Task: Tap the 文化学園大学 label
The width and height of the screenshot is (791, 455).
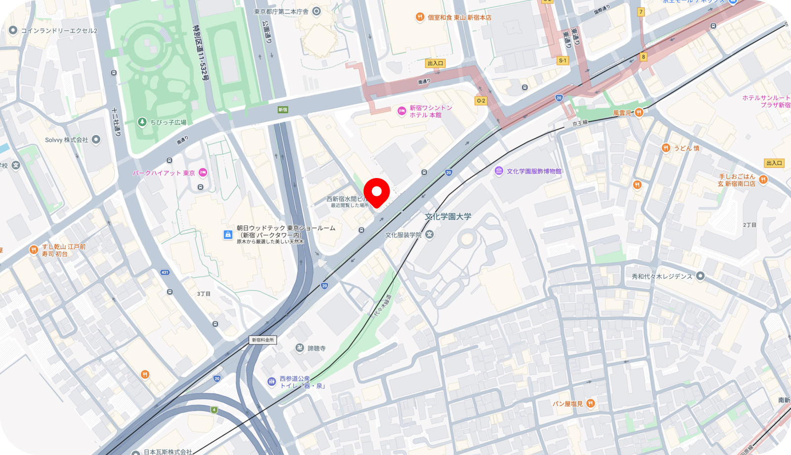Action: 448,217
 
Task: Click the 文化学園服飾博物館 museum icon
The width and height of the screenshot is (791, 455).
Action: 499,171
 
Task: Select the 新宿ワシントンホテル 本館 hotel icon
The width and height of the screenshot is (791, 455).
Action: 401,111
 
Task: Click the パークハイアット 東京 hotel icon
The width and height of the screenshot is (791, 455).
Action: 203,173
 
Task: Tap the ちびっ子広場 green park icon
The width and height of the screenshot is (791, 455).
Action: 142,122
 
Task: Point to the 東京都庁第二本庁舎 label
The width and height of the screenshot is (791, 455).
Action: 281,11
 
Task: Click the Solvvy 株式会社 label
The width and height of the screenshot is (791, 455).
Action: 66,140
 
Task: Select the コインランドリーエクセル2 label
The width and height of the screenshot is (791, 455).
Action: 59,31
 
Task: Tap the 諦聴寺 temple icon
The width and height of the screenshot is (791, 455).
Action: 300,348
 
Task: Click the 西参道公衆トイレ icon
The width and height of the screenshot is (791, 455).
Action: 271,381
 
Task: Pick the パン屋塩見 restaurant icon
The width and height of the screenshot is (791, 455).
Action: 590,404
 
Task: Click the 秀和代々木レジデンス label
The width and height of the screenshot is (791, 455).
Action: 661,276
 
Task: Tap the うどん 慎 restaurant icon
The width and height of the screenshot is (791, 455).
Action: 666,148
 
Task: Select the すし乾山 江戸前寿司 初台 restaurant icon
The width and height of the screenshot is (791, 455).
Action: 34,250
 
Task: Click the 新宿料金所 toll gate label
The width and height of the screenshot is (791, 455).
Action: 263,340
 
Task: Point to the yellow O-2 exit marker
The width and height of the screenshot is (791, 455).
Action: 481,100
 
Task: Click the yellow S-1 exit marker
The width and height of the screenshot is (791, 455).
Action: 563,60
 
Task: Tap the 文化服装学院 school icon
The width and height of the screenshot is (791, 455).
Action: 430,234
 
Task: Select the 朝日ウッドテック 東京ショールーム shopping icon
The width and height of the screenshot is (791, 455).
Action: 228,235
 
